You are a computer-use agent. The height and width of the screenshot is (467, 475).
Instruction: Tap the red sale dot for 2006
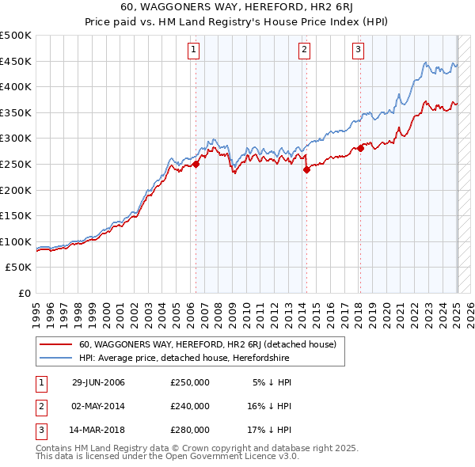click(x=196, y=165)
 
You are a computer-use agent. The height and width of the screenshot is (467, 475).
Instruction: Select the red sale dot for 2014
click(x=306, y=169)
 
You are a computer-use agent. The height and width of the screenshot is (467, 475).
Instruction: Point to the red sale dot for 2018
click(x=360, y=148)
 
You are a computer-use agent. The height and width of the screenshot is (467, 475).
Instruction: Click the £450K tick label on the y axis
click(x=16, y=62)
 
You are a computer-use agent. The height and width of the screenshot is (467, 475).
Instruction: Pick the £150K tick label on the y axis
click(x=16, y=216)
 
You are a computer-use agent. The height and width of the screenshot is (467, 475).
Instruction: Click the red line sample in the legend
click(x=55, y=344)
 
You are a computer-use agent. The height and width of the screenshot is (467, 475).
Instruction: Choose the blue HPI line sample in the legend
click(x=55, y=359)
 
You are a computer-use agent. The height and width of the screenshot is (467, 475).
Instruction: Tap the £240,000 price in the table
click(x=190, y=406)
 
